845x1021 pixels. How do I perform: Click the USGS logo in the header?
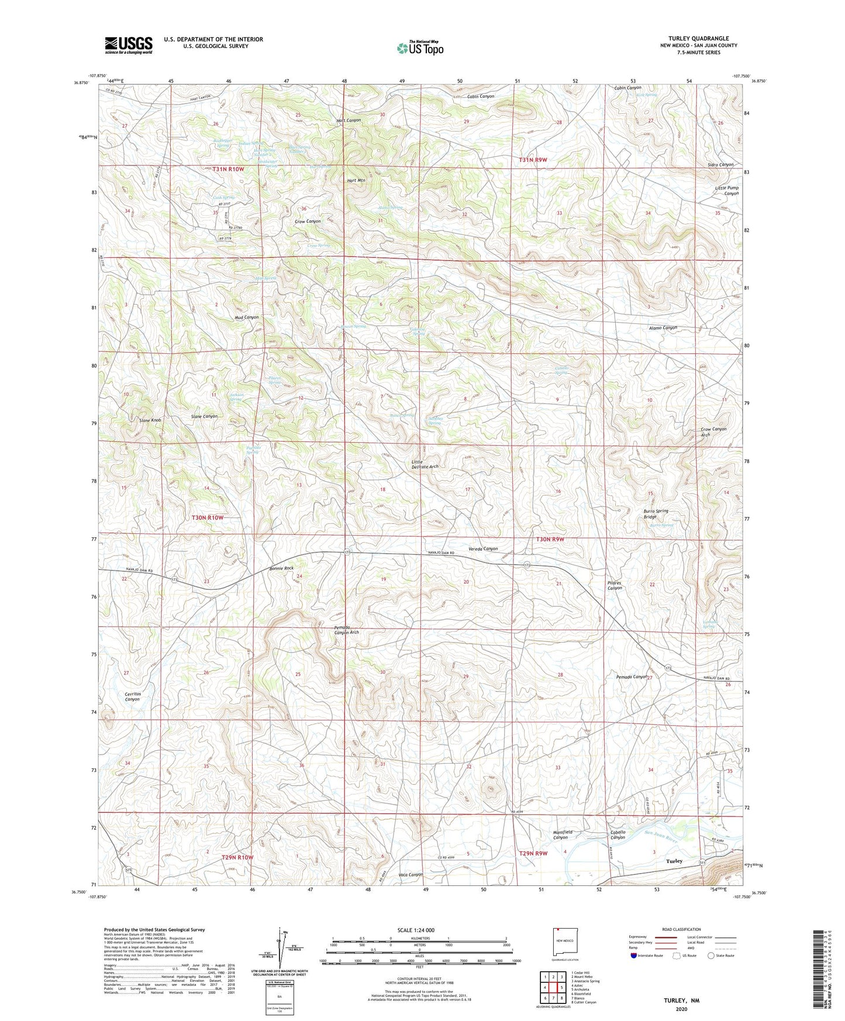click(x=129, y=45)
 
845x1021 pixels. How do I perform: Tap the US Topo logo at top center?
click(x=420, y=48)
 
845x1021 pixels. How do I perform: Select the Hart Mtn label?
click(x=356, y=181)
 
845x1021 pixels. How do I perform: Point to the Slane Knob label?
click(x=150, y=420)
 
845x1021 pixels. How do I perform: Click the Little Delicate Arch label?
click(x=425, y=464)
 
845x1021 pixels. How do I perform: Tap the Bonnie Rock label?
click(x=281, y=568)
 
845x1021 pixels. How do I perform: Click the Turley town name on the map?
click(x=674, y=861)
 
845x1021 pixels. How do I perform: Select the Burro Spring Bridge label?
click(x=656, y=513)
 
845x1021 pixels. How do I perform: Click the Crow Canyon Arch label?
click(x=713, y=432)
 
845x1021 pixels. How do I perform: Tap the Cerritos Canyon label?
click(x=132, y=696)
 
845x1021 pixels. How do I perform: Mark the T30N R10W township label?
click(x=208, y=518)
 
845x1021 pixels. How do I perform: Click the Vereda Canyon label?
click(x=483, y=549)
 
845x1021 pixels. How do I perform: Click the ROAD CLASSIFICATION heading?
click(x=682, y=929)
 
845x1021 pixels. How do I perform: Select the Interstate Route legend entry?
click(x=647, y=956)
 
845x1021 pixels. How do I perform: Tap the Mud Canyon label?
click(x=246, y=317)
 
